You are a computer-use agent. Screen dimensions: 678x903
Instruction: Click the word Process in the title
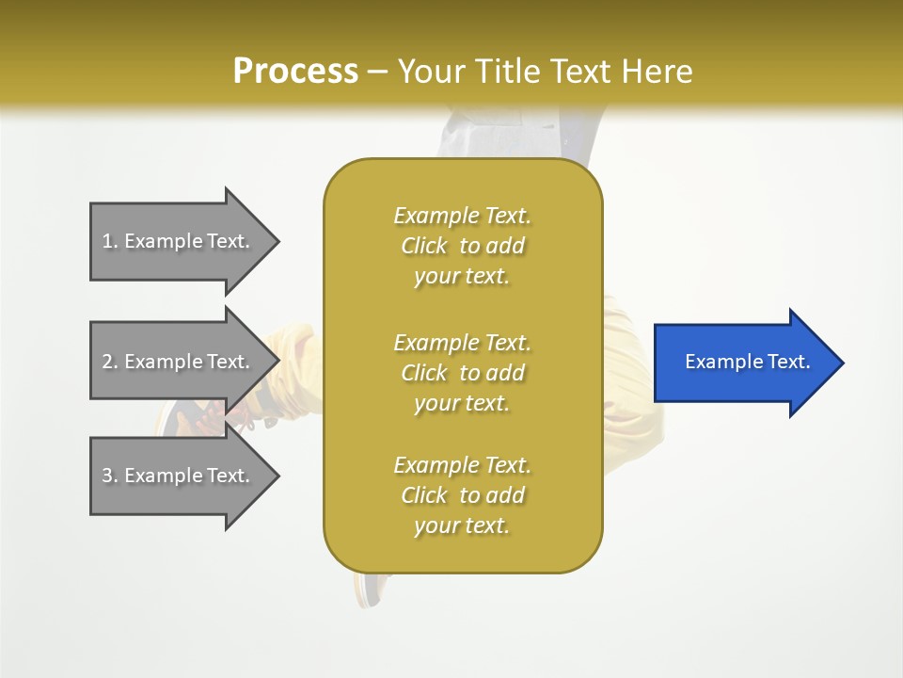pyautogui.click(x=295, y=71)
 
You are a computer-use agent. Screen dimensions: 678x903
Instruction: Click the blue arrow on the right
pyautogui.click(x=743, y=363)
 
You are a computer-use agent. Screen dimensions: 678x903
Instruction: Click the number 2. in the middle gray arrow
pyautogui.click(x=110, y=362)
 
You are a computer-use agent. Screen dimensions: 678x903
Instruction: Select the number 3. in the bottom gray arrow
pyautogui.click(x=110, y=476)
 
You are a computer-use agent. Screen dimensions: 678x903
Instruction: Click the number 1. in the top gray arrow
pyautogui.click(x=110, y=241)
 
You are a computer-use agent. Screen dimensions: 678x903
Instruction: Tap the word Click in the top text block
pyautogui.click(x=424, y=246)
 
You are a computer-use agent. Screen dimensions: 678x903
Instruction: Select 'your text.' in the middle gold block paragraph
pyautogui.click(x=461, y=403)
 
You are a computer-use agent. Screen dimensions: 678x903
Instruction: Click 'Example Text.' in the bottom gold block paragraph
pyautogui.click(x=462, y=465)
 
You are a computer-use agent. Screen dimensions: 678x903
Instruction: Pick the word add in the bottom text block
pyautogui.click(x=505, y=495)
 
